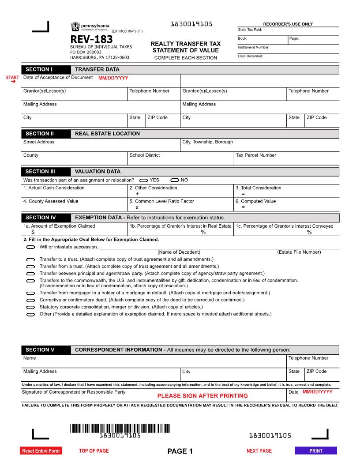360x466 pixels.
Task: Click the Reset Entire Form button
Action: tap(41, 451)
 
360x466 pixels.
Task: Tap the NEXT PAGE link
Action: tap(259, 451)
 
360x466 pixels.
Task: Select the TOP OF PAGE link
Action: tap(94, 451)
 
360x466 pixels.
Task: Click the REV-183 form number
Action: tap(91, 39)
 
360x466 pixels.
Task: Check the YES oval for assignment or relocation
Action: tap(143, 180)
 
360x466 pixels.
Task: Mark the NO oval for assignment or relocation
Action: tap(174, 180)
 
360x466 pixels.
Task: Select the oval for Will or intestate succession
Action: tap(30, 247)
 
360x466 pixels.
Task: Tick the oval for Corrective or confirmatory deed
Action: tap(30, 300)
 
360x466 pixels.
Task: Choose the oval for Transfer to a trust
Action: tap(30, 260)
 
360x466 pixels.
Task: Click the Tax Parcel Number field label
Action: tap(256, 155)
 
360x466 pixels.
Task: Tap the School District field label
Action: tap(144, 155)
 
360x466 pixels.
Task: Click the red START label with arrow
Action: tap(12, 79)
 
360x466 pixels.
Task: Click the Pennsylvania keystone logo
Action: tap(75, 26)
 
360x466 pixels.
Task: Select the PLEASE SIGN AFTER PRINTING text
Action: tap(202, 396)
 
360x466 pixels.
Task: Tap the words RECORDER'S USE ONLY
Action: tap(288, 24)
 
